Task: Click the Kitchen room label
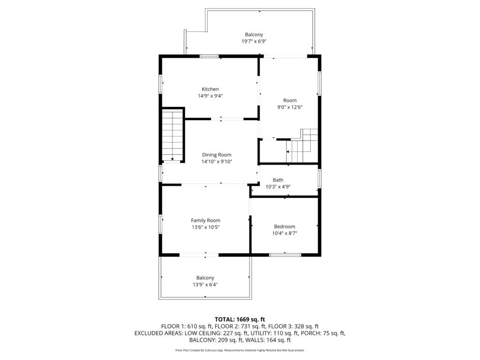pyautogui.click(x=210, y=89)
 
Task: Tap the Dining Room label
pyautogui.click(x=217, y=155)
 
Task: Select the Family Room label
pyautogui.click(x=205, y=220)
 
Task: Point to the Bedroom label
pyautogui.click(x=285, y=226)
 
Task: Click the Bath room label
pyautogui.click(x=278, y=180)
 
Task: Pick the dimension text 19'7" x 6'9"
pyautogui.click(x=254, y=41)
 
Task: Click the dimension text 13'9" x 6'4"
pyautogui.click(x=205, y=285)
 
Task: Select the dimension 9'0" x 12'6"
pyautogui.click(x=290, y=107)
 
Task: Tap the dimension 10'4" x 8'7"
pyautogui.click(x=285, y=233)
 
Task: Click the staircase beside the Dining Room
pyautogui.click(x=172, y=136)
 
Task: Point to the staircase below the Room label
pyautogui.click(x=302, y=146)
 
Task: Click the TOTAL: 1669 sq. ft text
pyautogui.click(x=240, y=320)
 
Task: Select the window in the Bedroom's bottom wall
pyautogui.click(x=285, y=255)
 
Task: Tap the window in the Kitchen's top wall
pyautogui.click(x=210, y=56)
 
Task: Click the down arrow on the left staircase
pyautogui.click(x=172, y=159)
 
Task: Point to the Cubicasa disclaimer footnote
pyautogui.click(x=240, y=350)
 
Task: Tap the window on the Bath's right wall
pyautogui.click(x=319, y=178)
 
